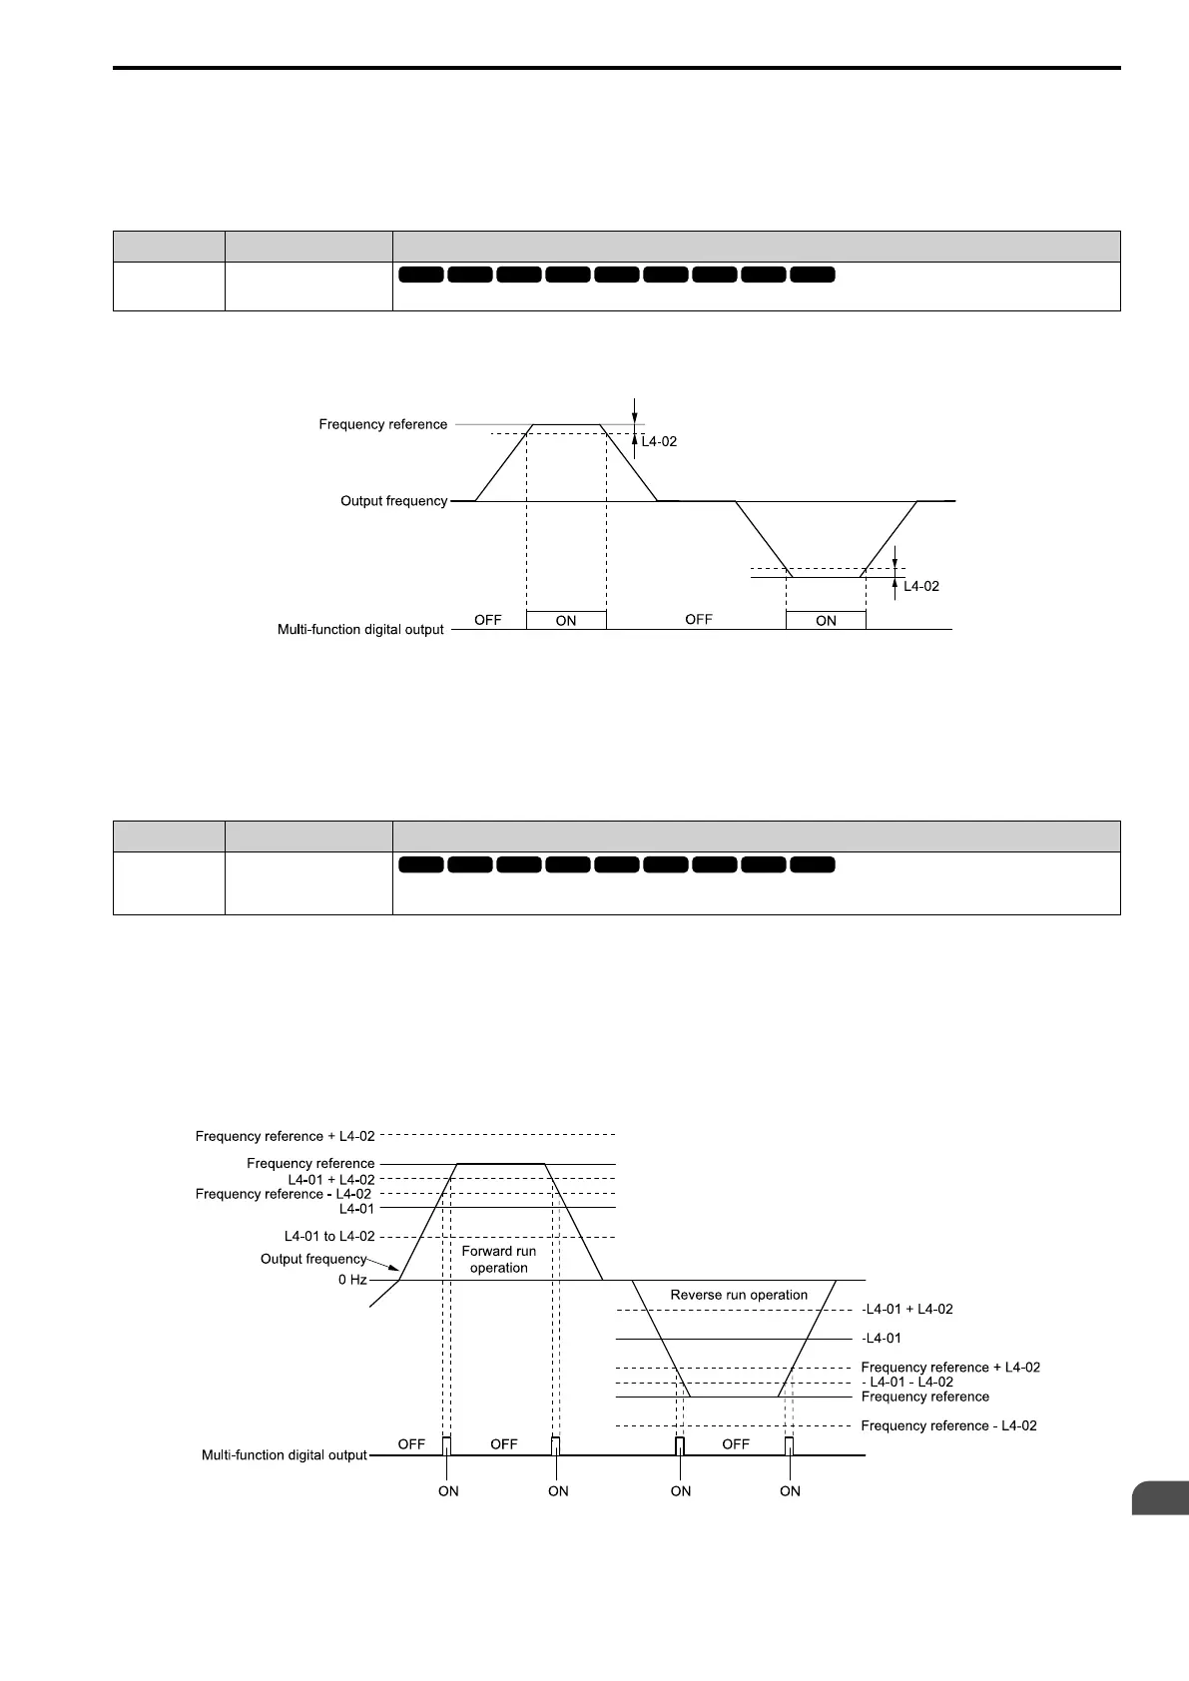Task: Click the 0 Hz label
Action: [x=352, y=1280]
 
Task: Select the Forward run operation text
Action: [x=499, y=1259]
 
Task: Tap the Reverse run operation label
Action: [x=739, y=1295]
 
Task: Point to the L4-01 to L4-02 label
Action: [x=329, y=1237]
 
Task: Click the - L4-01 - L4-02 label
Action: [x=906, y=1383]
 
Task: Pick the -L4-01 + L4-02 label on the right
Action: [x=906, y=1309]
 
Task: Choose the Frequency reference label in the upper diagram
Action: [x=383, y=424]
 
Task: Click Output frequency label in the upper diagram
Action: [x=393, y=501]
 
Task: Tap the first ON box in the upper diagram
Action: [x=566, y=620]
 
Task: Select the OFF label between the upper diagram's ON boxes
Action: [x=699, y=620]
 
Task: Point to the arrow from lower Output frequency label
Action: [x=384, y=1270]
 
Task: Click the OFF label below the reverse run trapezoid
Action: [x=736, y=1444]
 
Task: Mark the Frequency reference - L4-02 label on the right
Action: [x=948, y=1425]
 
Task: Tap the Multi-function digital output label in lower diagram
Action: [x=285, y=1455]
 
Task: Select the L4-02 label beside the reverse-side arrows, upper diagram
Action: [x=921, y=587]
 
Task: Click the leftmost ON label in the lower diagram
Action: [x=448, y=1491]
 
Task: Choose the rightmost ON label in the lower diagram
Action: [x=790, y=1491]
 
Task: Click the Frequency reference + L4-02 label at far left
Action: [x=286, y=1136]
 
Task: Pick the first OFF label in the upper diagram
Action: [x=488, y=620]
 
